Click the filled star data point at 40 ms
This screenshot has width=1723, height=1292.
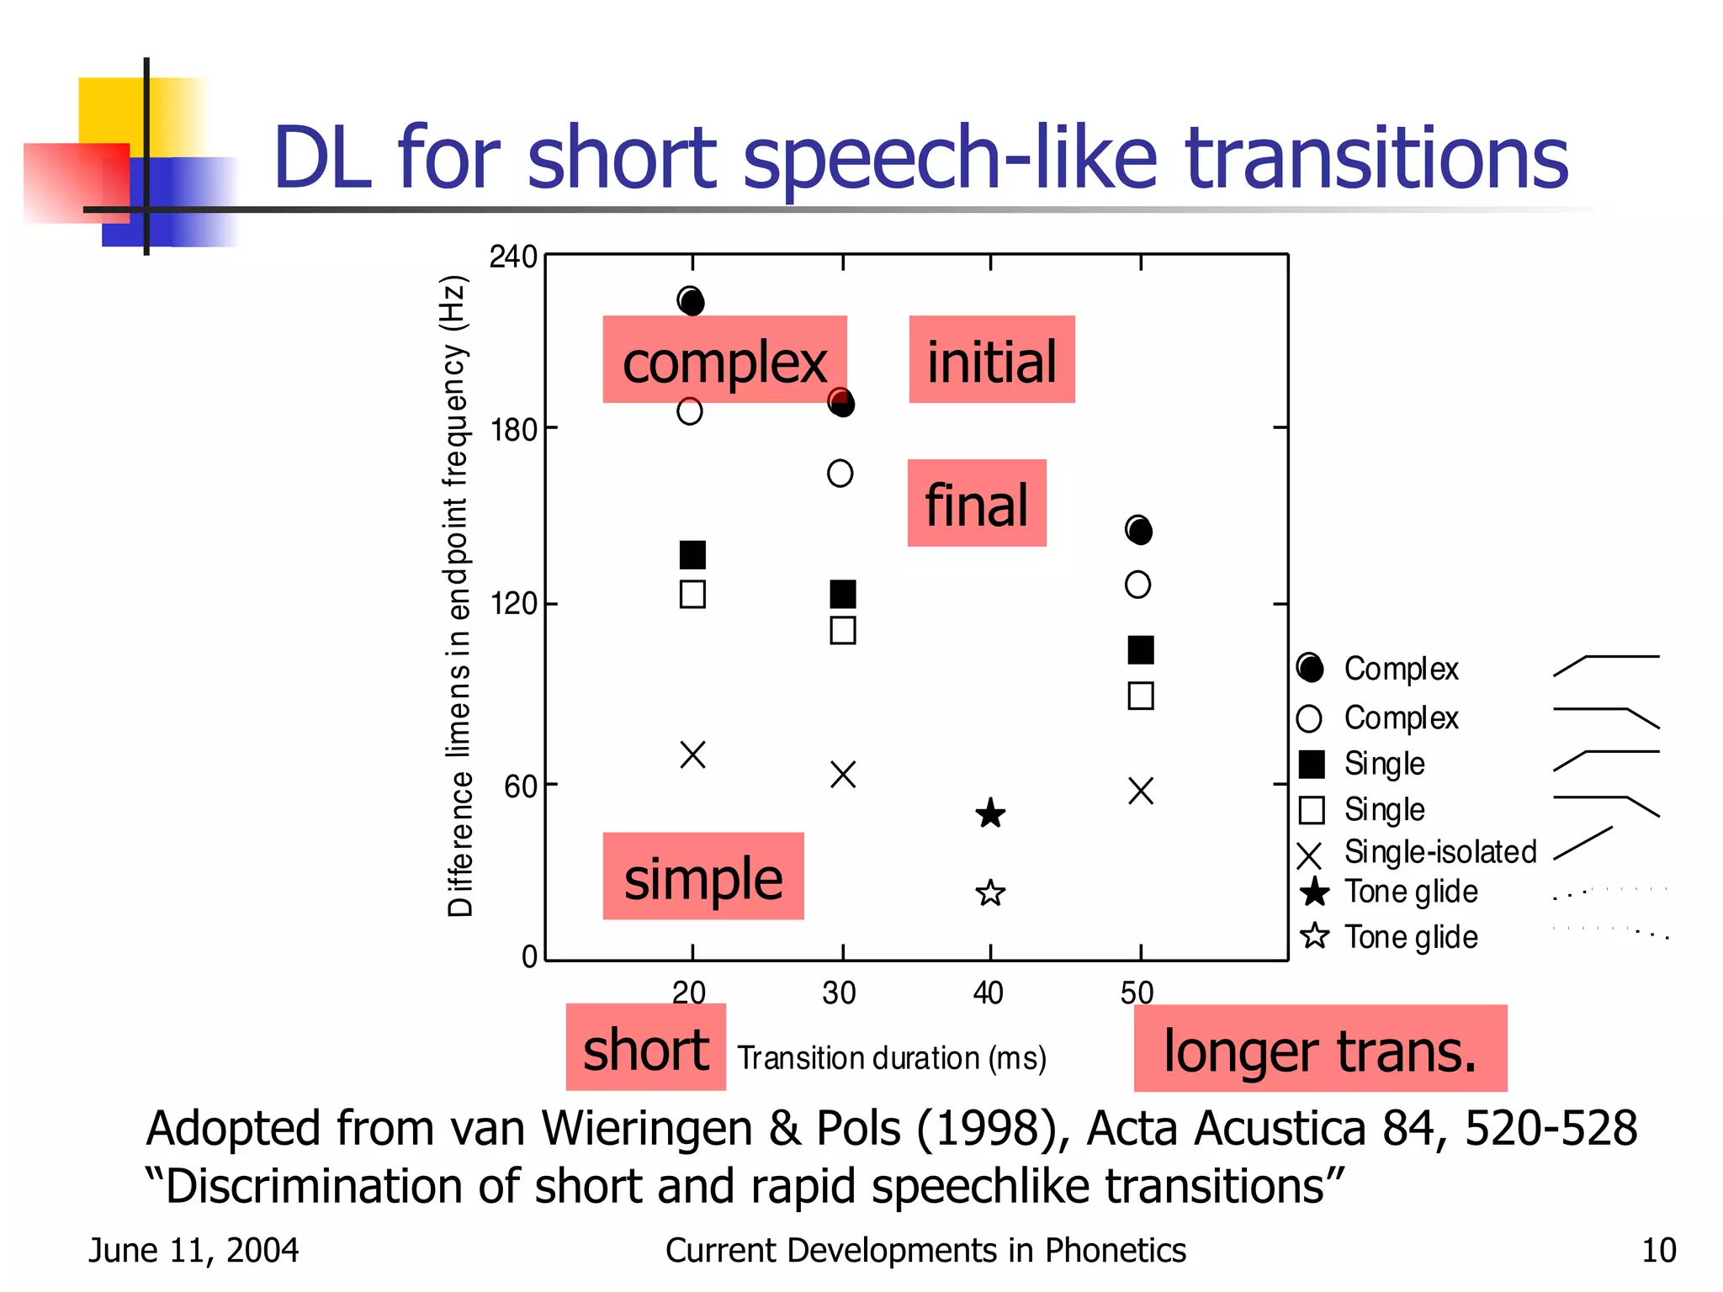click(990, 813)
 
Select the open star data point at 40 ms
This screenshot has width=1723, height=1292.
click(990, 892)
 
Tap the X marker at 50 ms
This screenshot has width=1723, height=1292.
click(1140, 791)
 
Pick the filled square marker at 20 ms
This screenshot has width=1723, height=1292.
click(692, 555)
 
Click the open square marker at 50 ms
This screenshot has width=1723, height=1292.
click(1140, 696)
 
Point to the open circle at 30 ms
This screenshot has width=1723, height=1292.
click(840, 474)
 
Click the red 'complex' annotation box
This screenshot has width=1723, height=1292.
click(724, 360)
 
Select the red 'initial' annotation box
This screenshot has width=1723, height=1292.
click(991, 360)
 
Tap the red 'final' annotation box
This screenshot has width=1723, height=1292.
click(976, 503)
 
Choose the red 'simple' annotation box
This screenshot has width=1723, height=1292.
click(702, 876)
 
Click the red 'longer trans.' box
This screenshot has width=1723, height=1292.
click(1319, 1049)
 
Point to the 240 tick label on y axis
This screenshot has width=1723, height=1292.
click(512, 257)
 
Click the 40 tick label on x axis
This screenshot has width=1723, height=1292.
click(988, 993)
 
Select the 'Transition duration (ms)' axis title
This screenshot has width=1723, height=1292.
click(891, 1057)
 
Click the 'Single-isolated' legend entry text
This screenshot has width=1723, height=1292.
click(1439, 852)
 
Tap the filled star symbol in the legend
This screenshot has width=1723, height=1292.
click(1314, 892)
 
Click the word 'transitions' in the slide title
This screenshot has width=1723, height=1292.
click(1376, 157)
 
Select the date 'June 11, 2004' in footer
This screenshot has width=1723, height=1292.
click(194, 1251)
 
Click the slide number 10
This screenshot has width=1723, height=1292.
click(1658, 1251)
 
